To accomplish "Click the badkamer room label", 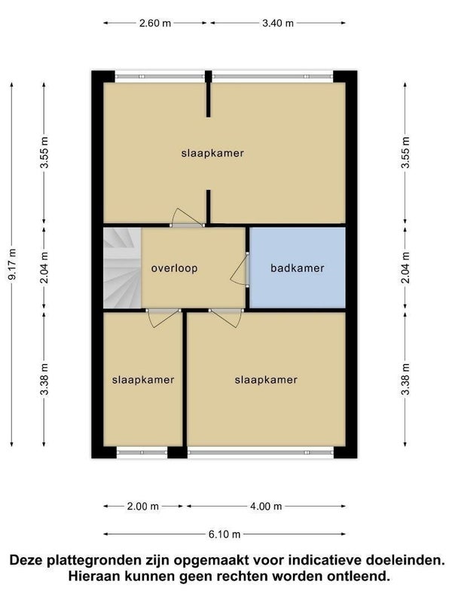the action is click(297, 268).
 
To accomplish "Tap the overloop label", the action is click(174, 268).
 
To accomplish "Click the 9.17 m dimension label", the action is click(12, 265).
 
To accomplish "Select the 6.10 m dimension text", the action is click(224, 534).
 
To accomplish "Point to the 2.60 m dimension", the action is click(155, 23).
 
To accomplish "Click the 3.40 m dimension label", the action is click(278, 23).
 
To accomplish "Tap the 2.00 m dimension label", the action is click(142, 507).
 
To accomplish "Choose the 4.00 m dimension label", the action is click(266, 507).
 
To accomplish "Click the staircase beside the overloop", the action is click(122, 268).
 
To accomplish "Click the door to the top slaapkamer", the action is click(187, 218).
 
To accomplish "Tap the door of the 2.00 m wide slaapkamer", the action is click(163, 318).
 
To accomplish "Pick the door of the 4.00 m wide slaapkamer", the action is click(226, 318).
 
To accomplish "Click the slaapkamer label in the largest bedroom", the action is click(212, 153).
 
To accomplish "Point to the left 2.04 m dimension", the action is click(44, 268).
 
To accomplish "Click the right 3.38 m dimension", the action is click(405, 379).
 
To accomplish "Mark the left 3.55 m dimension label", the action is click(44, 152).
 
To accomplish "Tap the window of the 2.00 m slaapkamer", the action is click(142, 452).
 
